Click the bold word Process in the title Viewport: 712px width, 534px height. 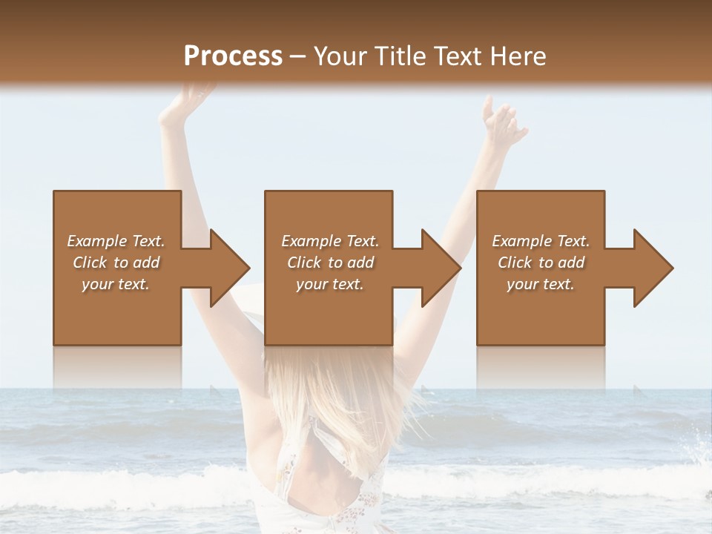233,56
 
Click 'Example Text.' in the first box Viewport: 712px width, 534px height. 116,241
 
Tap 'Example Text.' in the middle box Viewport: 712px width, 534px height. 329,241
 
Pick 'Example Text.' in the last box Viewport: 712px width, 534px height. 541,241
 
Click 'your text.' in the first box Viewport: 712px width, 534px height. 116,284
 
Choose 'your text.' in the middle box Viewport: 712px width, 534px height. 329,284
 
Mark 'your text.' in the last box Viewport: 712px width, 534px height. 541,284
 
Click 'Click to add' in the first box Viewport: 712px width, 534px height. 116,263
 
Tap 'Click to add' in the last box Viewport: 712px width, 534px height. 541,263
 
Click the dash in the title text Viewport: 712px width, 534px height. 298,57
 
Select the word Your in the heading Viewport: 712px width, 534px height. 340,56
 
